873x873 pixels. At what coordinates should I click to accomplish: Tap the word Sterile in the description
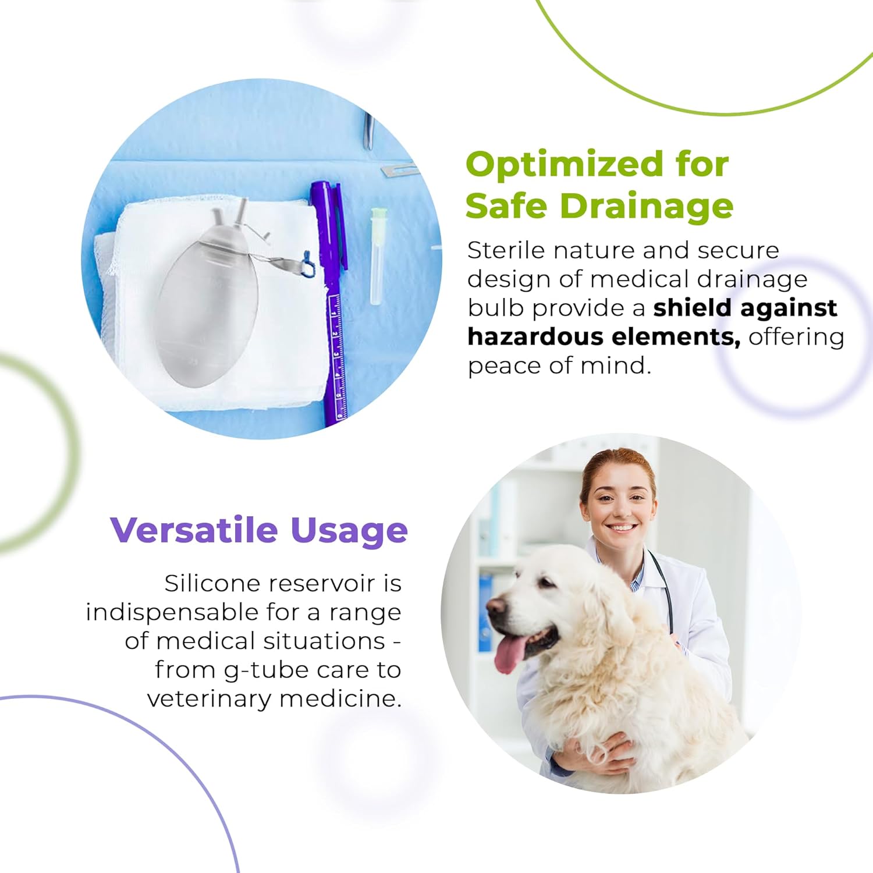point(506,250)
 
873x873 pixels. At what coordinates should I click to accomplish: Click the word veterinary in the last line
point(209,699)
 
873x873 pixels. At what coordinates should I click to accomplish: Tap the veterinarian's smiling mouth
point(620,527)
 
